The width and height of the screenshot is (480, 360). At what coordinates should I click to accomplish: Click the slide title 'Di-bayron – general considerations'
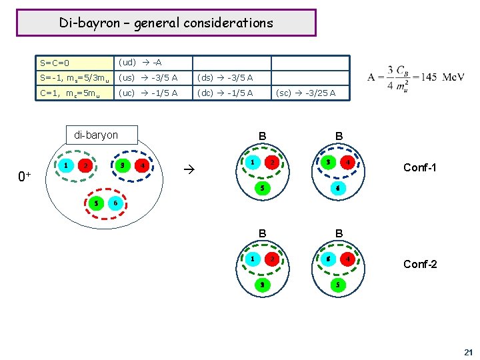point(166,23)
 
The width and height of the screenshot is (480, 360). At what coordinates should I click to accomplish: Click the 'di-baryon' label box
point(96,135)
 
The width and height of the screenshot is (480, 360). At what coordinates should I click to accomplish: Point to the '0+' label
point(25,177)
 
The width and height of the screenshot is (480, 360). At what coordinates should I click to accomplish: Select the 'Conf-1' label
point(420,168)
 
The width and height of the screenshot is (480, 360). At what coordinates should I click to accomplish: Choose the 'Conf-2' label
point(420,264)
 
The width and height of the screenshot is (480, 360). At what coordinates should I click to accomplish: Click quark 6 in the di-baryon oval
point(116,202)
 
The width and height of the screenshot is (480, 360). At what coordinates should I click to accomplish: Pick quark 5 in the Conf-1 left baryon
point(262,188)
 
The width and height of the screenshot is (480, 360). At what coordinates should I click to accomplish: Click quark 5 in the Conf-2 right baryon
point(338,285)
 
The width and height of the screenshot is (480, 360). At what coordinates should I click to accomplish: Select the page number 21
point(467,351)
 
